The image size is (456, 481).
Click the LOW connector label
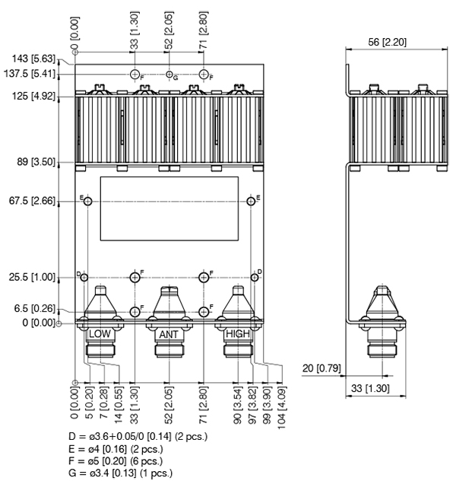100,334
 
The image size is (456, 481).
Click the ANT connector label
169,334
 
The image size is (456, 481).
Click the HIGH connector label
236,334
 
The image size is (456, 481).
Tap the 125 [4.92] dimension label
32,97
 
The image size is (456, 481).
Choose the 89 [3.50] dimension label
35,162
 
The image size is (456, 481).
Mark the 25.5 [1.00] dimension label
32,277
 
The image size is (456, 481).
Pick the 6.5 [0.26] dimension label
35,308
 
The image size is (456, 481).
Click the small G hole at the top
169,74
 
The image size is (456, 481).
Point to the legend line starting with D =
138,436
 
